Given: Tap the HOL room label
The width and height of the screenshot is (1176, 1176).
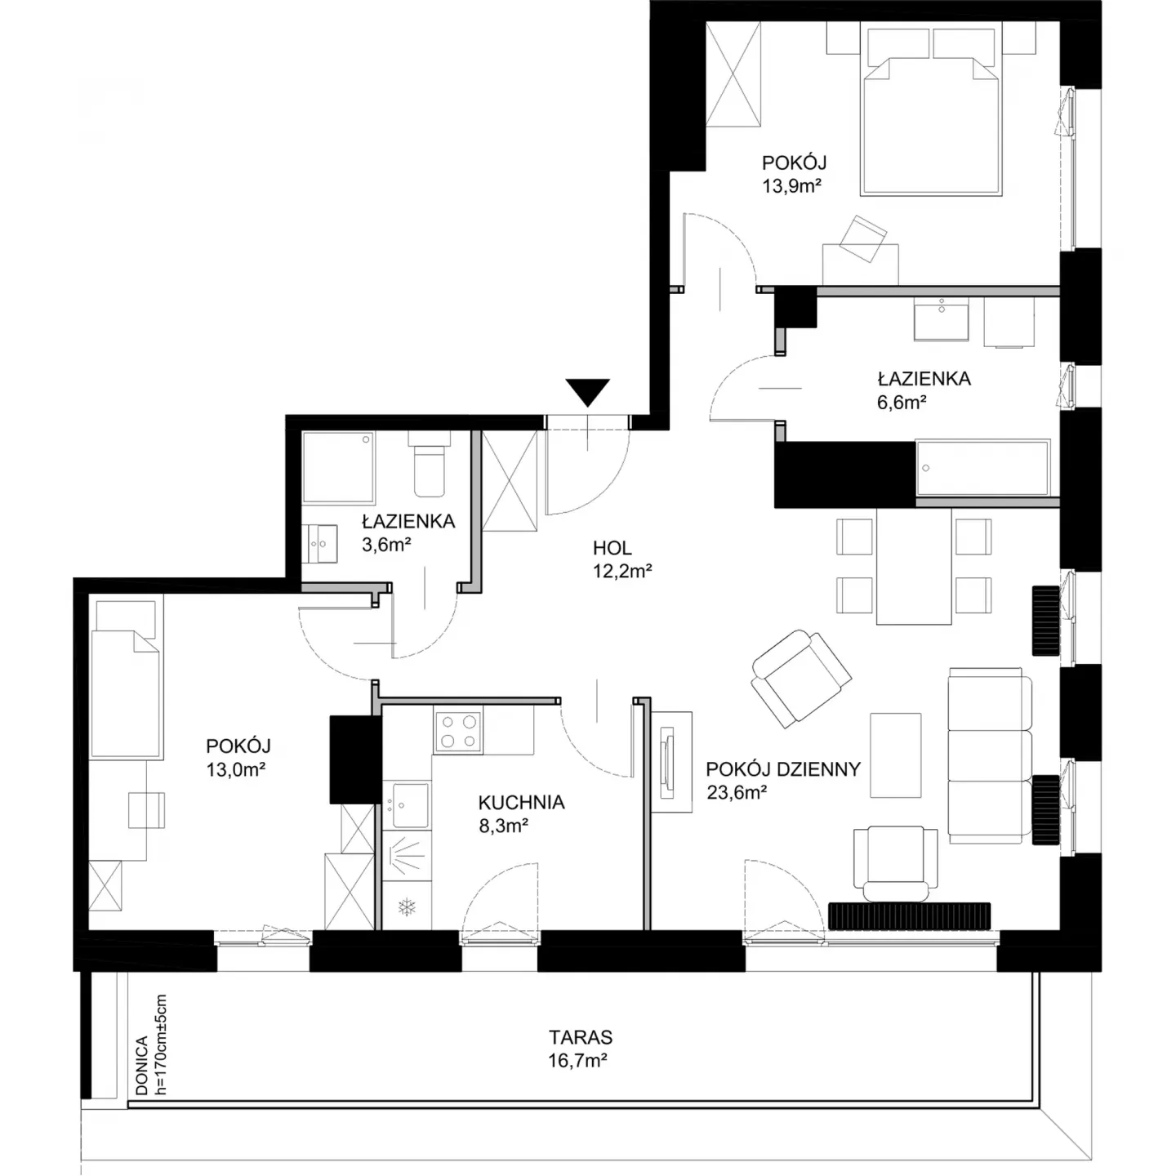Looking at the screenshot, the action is pyautogui.click(x=612, y=547).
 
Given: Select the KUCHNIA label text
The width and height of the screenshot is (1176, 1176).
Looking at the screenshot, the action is pyautogui.click(x=521, y=802).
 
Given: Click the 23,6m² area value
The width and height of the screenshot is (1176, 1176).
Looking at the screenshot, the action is pyautogui.click(x=737, y=792).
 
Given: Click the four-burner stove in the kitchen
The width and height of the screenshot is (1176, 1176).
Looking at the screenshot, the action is pyautogui.click(x=458, y=731).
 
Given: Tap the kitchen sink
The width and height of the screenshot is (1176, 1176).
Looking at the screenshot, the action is pyautogui.click(x=407, y=805).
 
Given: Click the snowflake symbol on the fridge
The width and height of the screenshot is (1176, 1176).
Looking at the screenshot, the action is pyautogui.click(x=406, y=906).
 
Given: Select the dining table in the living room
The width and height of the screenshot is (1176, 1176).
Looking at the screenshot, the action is pyautogui.click(x=914, y=565).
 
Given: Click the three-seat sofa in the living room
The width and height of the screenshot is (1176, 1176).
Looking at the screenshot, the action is pyautogui.click(x=989, y=755).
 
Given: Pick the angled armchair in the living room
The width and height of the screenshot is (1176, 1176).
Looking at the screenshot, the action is pyautogui.click(x=801, y=678).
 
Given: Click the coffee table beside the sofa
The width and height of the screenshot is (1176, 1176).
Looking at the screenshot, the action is pyautogui.click(x=895, y=755).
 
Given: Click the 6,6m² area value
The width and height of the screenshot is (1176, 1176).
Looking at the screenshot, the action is pyautogui.click(x=902, y=402).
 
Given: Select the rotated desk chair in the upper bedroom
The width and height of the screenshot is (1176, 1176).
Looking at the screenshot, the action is pyautogui.click(x=863, y=238).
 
